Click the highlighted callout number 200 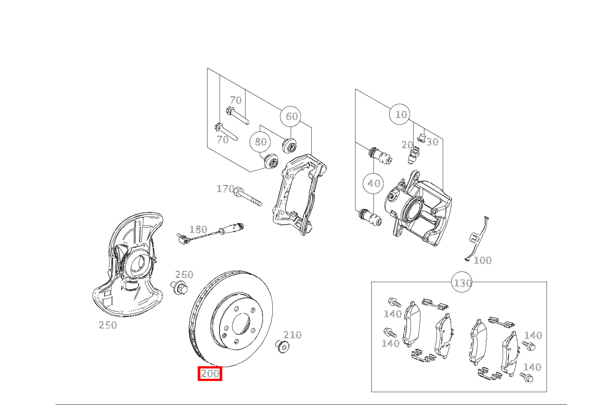click(210, 373)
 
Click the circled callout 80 click(260, 142)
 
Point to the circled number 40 click(373, 183)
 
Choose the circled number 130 click(462, 283)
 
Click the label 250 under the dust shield click(107, 325)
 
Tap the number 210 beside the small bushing click(292, 334)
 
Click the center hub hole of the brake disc click(241, 323)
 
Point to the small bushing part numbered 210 click(281, 346)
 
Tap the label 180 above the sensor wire click(198, 229)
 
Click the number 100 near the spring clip click(482, 260)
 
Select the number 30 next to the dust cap click(432, 142)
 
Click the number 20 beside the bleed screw click(407, 145)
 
